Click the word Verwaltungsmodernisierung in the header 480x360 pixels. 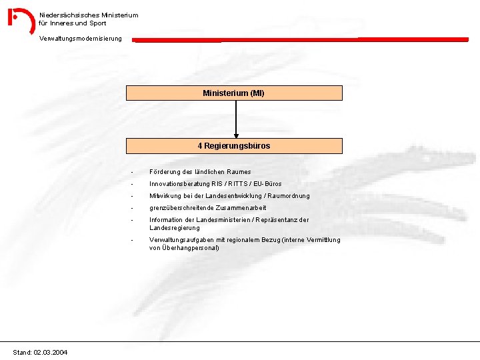coord(81,39)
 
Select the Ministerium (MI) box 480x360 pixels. coord(234,93)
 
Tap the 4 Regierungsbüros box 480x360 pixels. coord(234,146)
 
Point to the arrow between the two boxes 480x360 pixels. coord(236,119)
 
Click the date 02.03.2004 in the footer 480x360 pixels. coord(51,353)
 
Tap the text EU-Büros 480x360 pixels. coord(267,184)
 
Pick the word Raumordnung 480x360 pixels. coord(289,195)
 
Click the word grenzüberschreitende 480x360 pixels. coord(181,208)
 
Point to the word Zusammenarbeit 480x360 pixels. coord(241,208)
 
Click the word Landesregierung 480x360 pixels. coord(175,228)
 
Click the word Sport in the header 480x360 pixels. coord(97,23)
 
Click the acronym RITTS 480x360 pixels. coord(238,184)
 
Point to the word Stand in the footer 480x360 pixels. coord(22,353)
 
